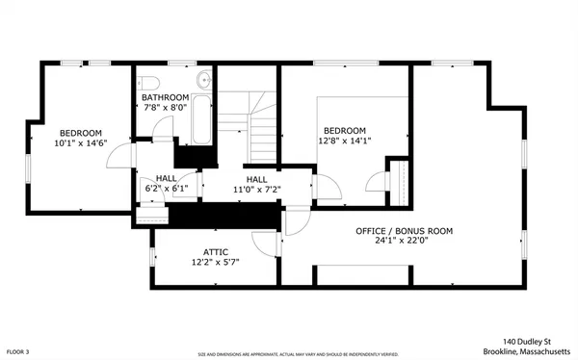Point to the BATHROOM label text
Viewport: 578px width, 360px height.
coord(166,97)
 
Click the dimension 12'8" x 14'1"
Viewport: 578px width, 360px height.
coord(344,141)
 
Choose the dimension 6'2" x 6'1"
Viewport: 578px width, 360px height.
coord(166,189)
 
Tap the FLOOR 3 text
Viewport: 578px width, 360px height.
coord(21,352)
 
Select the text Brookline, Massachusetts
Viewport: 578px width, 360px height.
coord(518,351)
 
